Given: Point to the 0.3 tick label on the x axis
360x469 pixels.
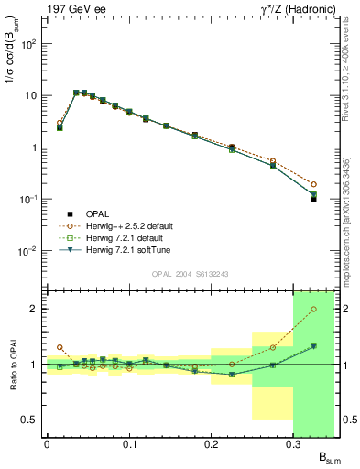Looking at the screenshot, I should (x=293, y=444).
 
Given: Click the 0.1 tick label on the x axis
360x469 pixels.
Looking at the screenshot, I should (x=128, y=444).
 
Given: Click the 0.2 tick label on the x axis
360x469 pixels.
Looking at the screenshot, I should (x=211, y=444).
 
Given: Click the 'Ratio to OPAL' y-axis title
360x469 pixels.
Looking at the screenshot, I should (x=12, y=364).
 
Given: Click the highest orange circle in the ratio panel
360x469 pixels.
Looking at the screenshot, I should (x=313, y=309).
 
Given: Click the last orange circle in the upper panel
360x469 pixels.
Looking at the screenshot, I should (x=313, y=184).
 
